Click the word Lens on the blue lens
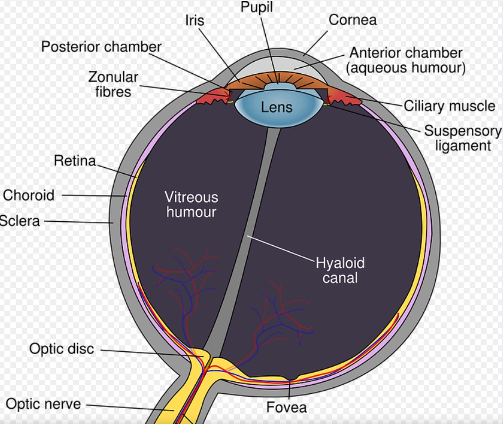276,107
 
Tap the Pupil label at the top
256,8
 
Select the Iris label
195,20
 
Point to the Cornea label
353,20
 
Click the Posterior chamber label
101,46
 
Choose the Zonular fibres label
113,84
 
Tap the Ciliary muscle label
449,105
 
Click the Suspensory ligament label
463,138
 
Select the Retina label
74,161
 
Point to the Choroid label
29,195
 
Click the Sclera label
20,221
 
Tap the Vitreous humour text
191,204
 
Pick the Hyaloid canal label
340,270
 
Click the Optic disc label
62,349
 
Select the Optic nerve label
44,404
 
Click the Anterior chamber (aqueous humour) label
407,61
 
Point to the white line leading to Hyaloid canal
282,249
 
